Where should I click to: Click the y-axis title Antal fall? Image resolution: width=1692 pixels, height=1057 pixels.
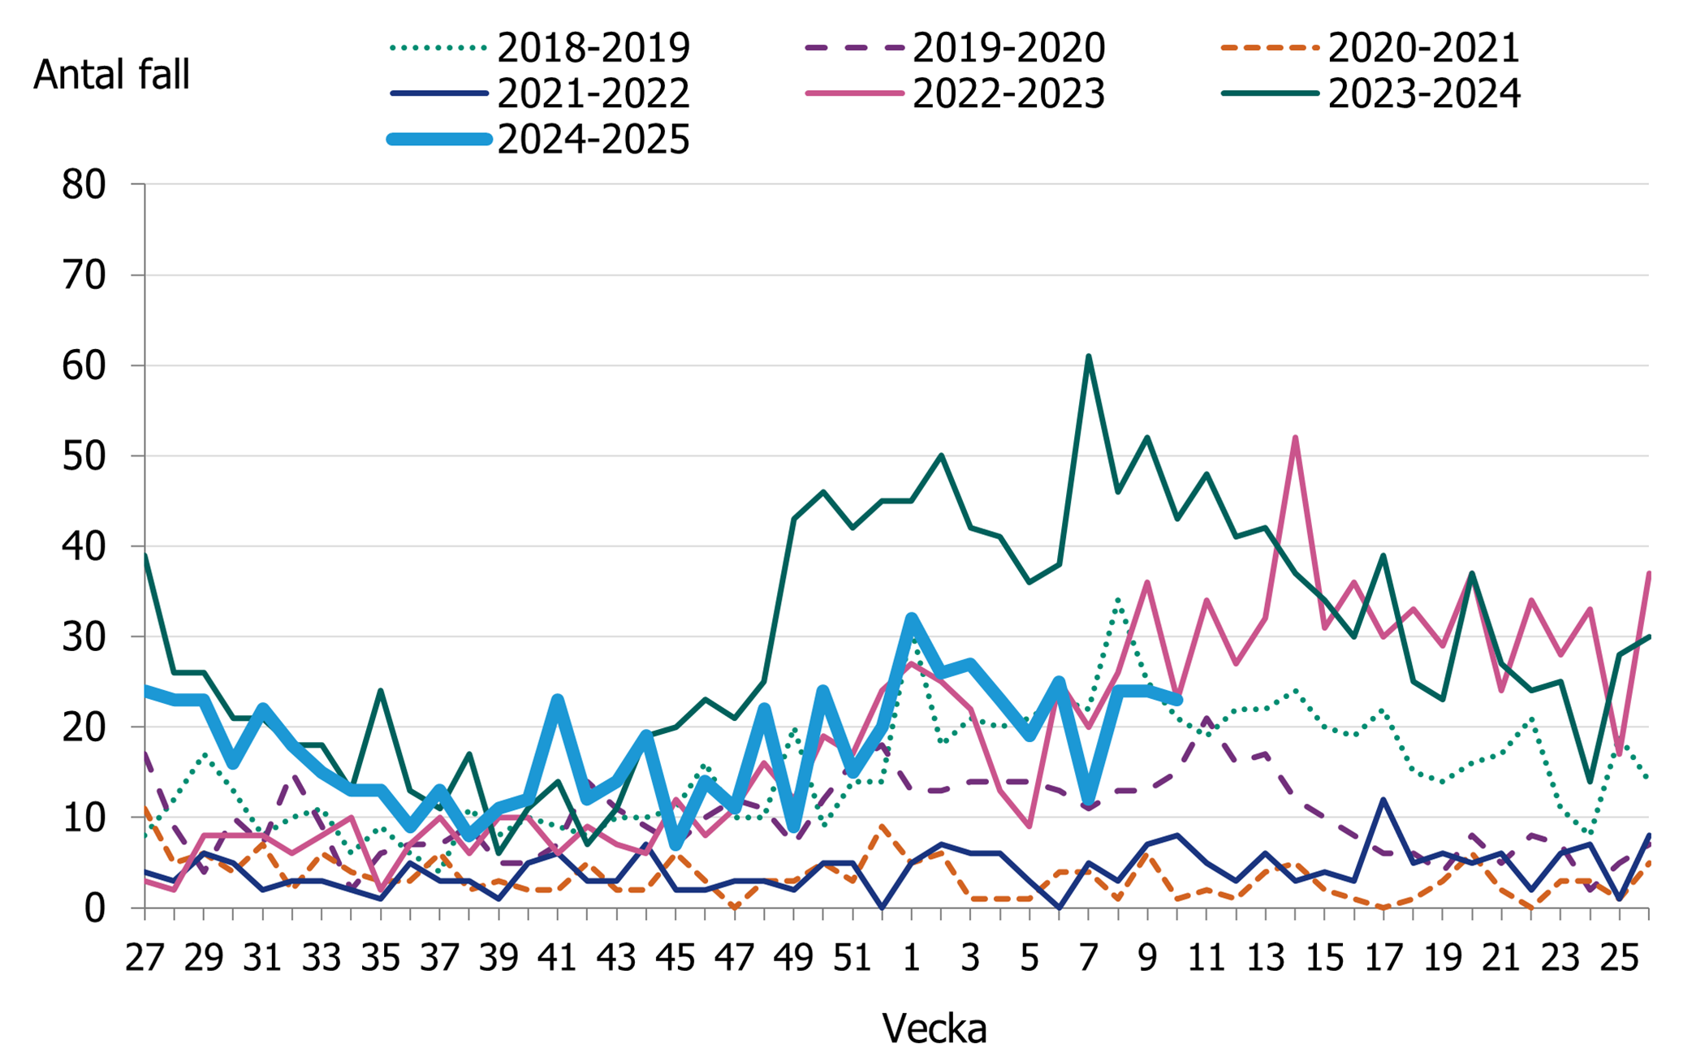(111, 75)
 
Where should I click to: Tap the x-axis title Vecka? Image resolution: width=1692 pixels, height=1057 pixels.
(934, 1029)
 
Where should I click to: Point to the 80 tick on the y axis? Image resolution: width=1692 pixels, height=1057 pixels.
(84, 185)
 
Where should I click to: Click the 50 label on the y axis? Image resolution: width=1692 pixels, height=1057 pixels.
(84, 456)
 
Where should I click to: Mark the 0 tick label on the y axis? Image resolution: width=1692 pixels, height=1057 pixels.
(95, 908)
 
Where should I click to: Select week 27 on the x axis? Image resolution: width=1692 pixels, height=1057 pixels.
(145, 959)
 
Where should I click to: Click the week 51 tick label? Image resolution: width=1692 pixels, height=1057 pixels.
(852, 959)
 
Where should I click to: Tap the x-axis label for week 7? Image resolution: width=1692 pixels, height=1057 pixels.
(1089, 959)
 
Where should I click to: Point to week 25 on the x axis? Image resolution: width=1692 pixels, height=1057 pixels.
(1619, 959)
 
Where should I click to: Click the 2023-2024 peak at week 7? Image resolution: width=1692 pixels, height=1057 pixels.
(1089, 356)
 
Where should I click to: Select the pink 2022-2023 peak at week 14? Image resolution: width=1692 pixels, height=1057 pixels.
(1295, 438)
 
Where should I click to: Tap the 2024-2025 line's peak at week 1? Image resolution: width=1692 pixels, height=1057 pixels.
(912, 619)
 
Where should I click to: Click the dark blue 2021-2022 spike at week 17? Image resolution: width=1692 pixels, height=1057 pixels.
(1383, 800)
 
